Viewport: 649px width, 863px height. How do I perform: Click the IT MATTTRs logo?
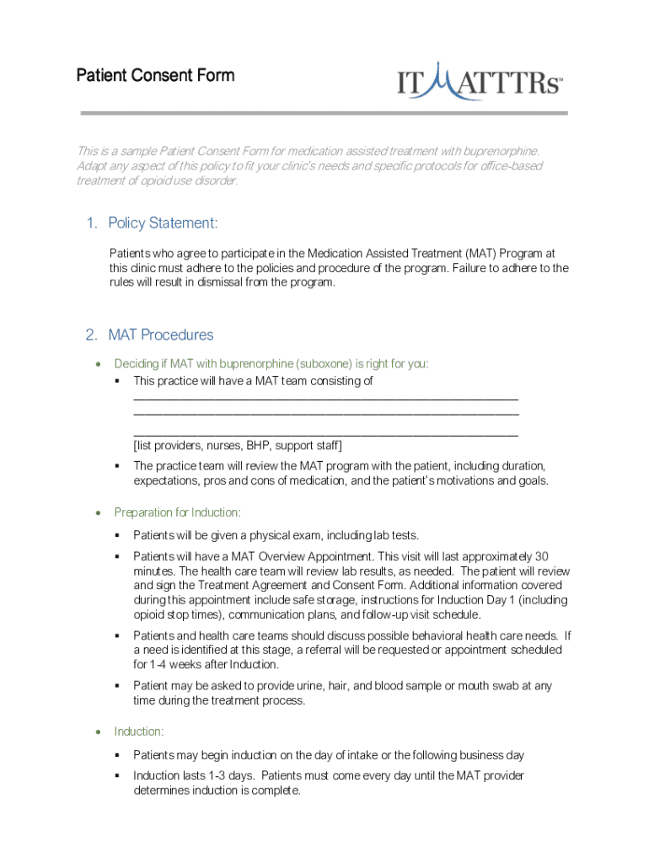(480, 83)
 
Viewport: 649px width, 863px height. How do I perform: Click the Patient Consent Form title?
(155, 76)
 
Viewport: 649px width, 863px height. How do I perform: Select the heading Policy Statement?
(163, 223)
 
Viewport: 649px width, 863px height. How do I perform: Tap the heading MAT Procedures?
(160, 335)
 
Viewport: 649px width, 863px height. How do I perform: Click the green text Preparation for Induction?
(177, 512)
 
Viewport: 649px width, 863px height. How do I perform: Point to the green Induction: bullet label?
(139, 732)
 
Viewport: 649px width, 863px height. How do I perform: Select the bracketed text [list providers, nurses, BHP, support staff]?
(238, 445)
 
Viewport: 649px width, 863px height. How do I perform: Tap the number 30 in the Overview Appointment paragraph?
(542, 556)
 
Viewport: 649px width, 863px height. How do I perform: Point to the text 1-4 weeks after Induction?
(207, 664)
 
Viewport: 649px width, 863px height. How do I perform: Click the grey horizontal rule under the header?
(324, 113)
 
